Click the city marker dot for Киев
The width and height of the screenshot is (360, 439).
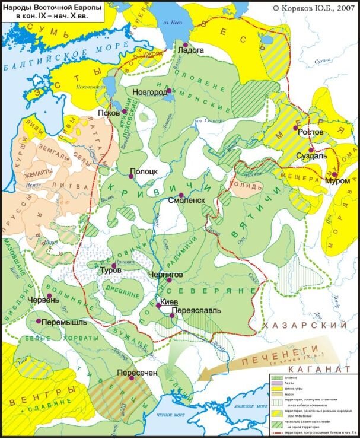pos(158,306)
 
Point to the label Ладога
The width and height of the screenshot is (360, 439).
pos(190,51)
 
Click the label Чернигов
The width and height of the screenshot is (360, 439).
pos(174,275)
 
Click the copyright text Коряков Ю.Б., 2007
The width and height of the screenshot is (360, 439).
pos(312,9)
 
